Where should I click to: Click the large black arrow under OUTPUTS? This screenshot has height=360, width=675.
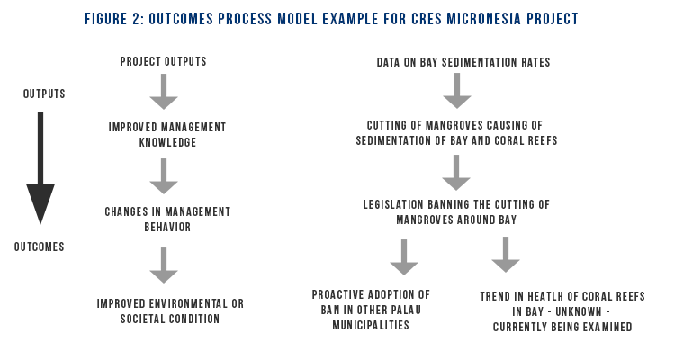(x=40, y=168)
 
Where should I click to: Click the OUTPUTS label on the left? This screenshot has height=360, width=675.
(x=44, y=94)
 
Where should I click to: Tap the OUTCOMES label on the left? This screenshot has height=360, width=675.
(x=40, y=247)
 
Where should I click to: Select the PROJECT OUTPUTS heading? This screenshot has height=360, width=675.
(x=164, y=61)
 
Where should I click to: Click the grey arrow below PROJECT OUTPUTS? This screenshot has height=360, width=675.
(x=164, y=91)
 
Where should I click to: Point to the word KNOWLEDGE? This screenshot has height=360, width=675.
(x=168, y=142)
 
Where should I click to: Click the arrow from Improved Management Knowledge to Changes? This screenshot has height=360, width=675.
(x=164, y=176)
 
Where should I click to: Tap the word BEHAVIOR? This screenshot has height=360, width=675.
(x=167, y=227)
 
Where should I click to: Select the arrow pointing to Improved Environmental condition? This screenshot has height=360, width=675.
(x=164, y=265)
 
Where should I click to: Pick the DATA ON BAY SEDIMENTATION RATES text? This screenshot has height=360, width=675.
(x=463, y=62)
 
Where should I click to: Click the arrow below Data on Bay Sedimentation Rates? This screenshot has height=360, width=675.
(x=457, y=90)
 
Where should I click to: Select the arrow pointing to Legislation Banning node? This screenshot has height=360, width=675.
(x=456, y=173)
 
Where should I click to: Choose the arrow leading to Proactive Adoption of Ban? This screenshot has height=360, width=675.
(x=404, y=257)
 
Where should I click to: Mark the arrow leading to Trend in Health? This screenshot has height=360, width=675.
(x=506, y=255)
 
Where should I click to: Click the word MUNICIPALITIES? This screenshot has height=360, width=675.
(x=371, y=325)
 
